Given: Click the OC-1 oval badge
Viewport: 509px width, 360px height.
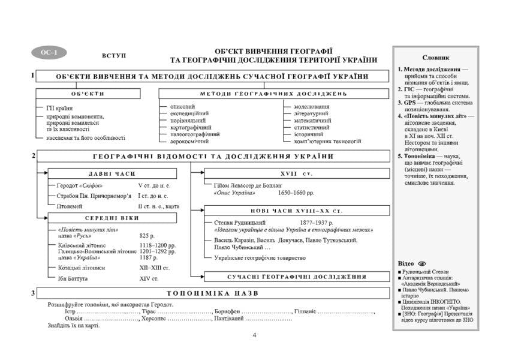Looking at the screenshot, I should point(48,52).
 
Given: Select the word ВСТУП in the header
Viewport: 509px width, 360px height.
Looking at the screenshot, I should point(115,55).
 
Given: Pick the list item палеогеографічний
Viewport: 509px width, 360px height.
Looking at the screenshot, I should point(195,134).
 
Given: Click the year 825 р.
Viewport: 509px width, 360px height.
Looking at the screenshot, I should point(147,236).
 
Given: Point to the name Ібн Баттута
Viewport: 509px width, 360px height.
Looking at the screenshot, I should point(74,279).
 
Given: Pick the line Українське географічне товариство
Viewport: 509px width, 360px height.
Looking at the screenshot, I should point(260,257).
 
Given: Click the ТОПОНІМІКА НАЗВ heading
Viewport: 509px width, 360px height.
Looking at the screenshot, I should point(213,293).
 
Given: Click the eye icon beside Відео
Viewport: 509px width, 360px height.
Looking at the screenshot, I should point(423,264).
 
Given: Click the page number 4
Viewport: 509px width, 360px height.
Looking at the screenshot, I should point(254,335).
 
